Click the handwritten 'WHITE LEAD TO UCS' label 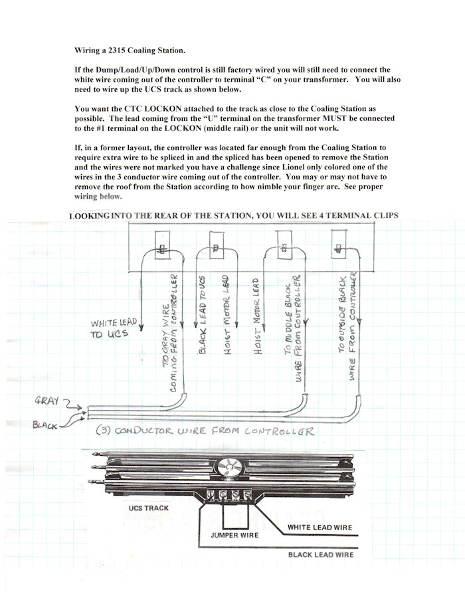[114, 328]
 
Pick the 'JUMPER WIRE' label [234, 534]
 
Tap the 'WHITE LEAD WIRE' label [320, 528]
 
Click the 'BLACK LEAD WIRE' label [320, 554]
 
